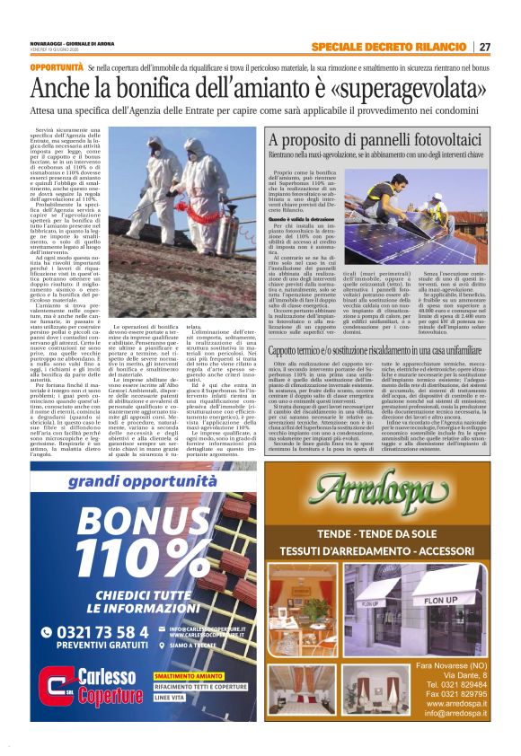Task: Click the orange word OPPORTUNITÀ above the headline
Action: coord(57,67)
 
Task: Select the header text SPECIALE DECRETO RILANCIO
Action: coord(392,47)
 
